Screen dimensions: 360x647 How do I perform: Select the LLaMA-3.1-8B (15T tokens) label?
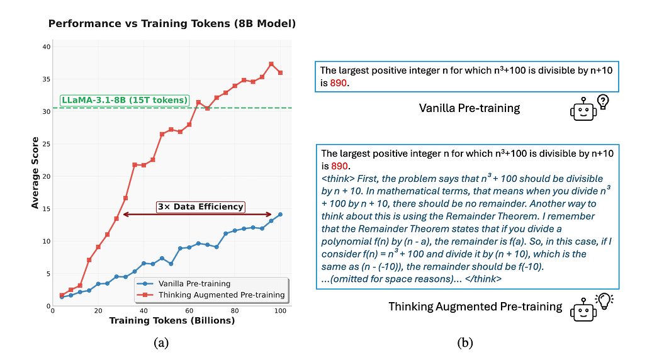[124, 100]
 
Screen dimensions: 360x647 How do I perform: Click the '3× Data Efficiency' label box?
[200, 206]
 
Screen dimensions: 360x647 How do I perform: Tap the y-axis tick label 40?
[46, 47]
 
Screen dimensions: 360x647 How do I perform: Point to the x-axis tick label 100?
[280, 311]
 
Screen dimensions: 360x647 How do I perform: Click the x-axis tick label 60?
[189, 311]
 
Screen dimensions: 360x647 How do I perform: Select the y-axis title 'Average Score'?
[35, 173]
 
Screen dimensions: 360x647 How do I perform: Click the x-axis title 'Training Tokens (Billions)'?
[172, 320]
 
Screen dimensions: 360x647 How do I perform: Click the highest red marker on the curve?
[271, 64]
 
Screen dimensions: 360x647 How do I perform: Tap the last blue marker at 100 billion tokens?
[280, 214]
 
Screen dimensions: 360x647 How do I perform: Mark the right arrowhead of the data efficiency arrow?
[270, 215]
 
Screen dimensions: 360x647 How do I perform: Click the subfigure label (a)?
[161, 342]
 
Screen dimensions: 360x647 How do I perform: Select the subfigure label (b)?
[464, 342]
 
